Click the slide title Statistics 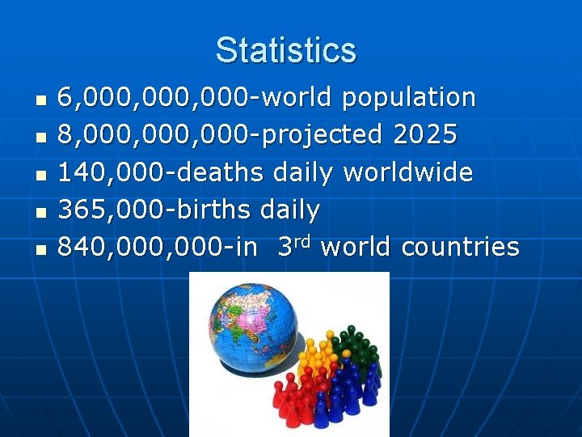coord(285,50)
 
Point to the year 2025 coord(425,135)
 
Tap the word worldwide coord(408,172)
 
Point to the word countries coord(460,248)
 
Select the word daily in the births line coord(290,210)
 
